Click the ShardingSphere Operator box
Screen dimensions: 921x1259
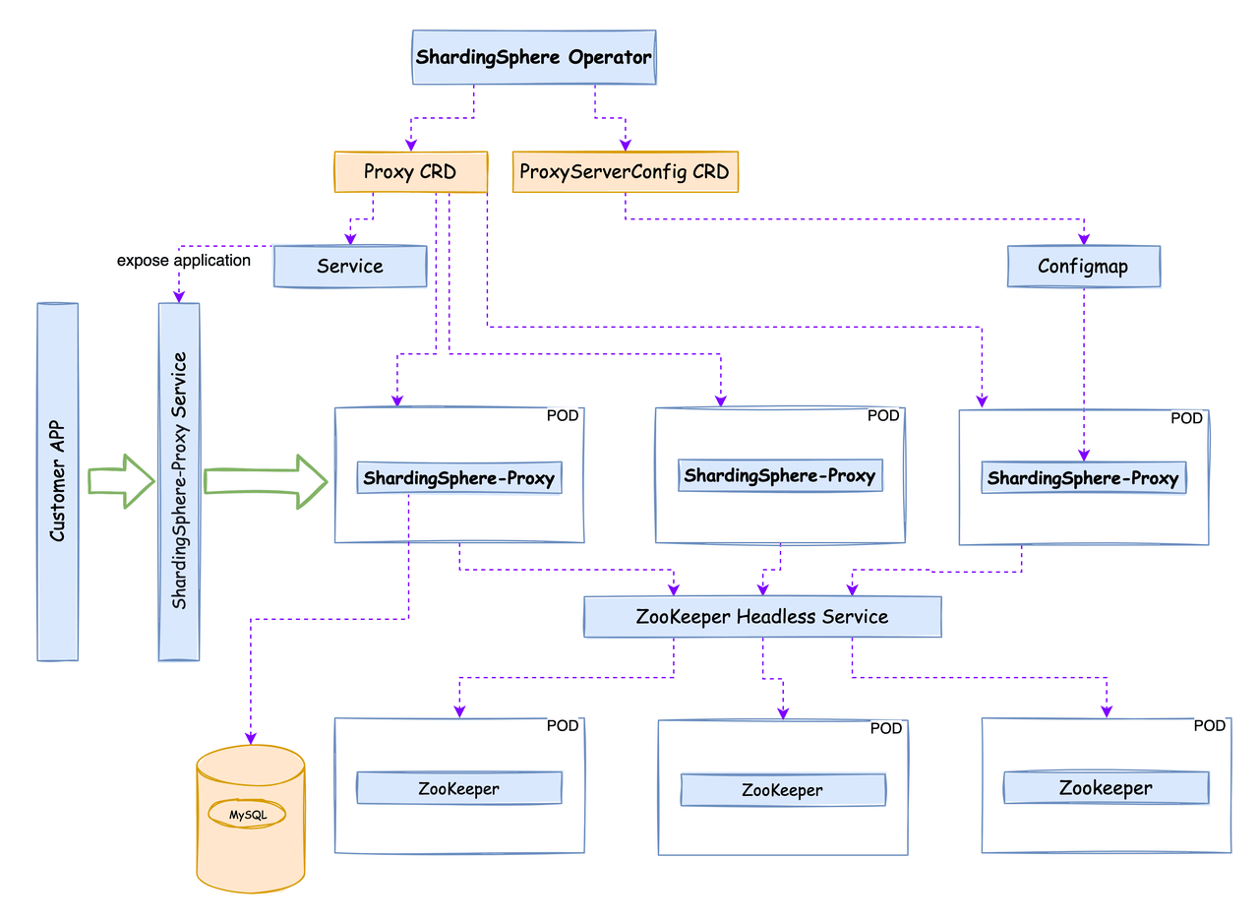pos(533,57)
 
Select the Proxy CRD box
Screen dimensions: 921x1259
pos(411,172)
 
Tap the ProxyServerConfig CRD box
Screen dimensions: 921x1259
pos(626,172)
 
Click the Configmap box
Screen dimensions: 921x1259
pos(1084,267)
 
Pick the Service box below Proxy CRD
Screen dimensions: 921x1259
pos(350,267)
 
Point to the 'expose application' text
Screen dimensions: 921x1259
pos(184,261)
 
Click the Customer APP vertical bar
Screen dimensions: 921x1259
pos(57,481)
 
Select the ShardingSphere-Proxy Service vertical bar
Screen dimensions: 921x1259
pos(179,481)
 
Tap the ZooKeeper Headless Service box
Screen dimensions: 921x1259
pos(762,617)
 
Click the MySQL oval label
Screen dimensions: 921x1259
pos(248,815)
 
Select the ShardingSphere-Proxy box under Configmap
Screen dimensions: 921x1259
pos(1083,478)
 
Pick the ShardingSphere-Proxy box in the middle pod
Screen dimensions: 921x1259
pos(780,476)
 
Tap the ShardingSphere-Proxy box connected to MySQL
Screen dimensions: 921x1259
pos(459,478)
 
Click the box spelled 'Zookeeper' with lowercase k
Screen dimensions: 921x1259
pos(1106,788)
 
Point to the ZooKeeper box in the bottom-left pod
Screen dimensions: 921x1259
pos(458,788)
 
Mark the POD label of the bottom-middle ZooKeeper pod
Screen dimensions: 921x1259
pos(885,729)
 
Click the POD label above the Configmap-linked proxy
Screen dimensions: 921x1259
pos(1186,418)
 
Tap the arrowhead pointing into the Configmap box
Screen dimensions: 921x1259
pos(1085,238)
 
